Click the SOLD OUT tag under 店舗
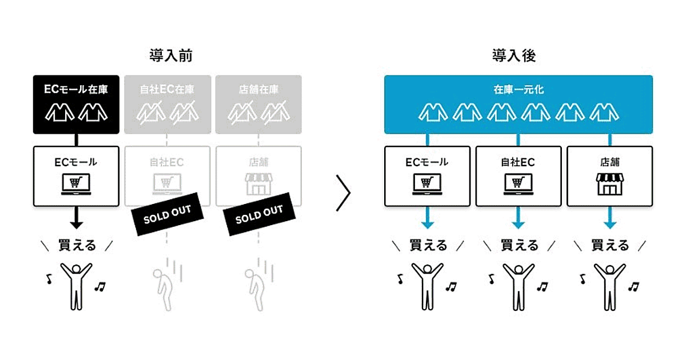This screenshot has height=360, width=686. tap(259, 215)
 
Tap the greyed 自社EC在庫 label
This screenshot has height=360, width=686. tap(167, 89)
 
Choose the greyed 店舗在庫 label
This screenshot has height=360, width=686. tap(258, 89)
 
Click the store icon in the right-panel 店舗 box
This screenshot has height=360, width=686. tap(609, 183)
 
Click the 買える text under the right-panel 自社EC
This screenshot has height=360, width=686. tap(519, 246)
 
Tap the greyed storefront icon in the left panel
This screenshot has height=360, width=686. tap(258, 184)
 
